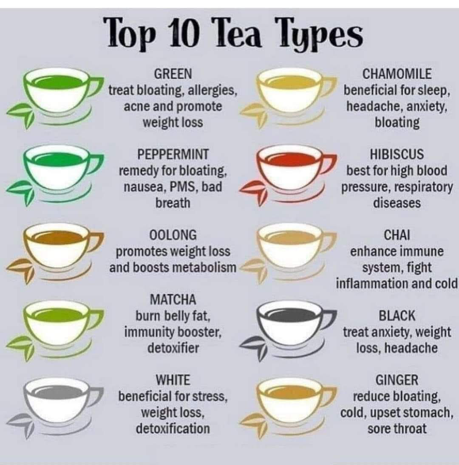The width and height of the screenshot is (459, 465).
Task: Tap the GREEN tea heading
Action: (x=173, y=74)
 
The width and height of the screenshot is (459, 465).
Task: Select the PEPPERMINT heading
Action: (x=173, y=155)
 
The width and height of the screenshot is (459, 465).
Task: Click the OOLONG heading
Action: (x=173, y=235)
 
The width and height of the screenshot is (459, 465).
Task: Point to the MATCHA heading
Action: (x=173, y=299)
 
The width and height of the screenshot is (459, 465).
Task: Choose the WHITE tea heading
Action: (x=173, y=380)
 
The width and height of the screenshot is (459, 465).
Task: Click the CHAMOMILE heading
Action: (x=397, y=74)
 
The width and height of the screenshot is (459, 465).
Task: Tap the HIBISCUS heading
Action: (x=397, y=155)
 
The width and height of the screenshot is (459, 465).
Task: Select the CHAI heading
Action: (x=397, y=235)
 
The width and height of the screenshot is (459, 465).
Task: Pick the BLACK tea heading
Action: (x=397, y=316)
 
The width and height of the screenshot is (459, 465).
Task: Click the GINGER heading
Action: (x=397, y=380)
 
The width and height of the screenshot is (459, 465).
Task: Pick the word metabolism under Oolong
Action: (x=204, y=268)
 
